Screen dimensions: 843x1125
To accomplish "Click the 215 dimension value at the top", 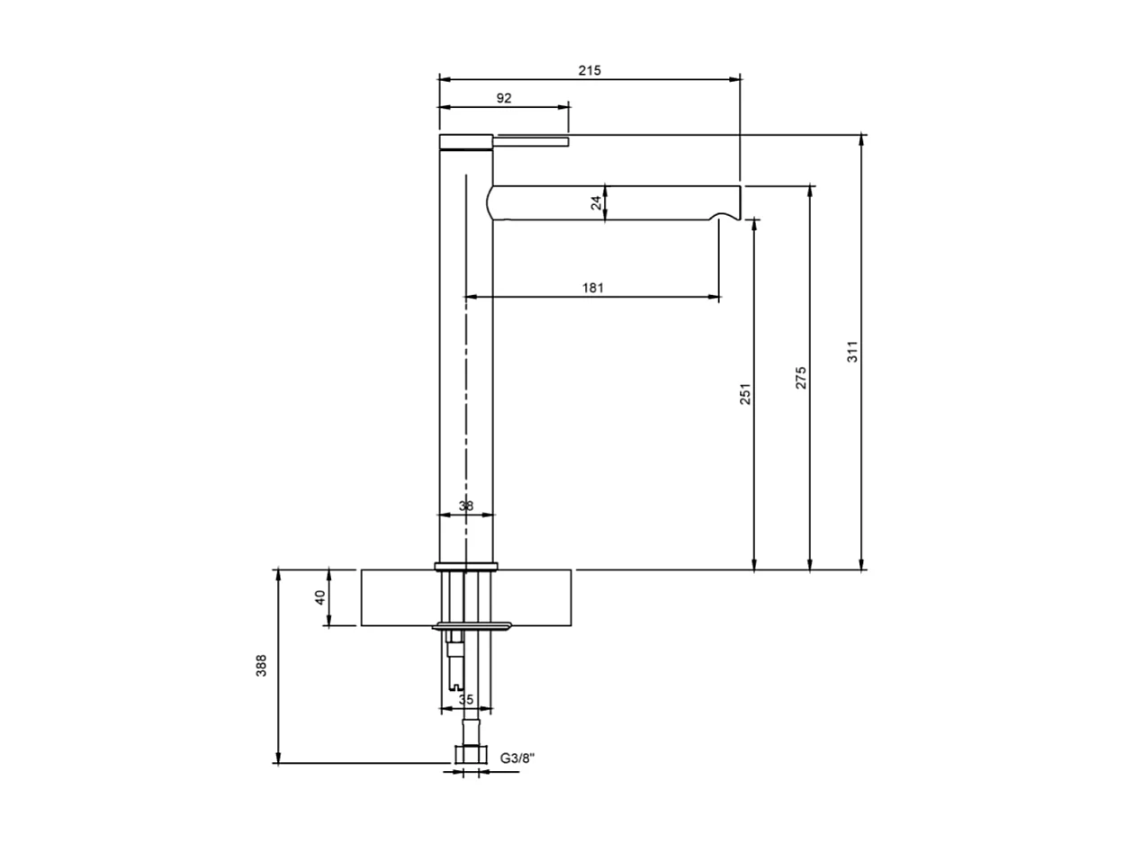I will [x=589, y=69].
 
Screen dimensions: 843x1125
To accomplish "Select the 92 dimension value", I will [x=503, y=98].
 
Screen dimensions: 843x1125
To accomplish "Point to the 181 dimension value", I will [x=592, y=288].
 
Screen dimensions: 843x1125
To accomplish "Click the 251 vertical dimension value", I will [x=745, y=393].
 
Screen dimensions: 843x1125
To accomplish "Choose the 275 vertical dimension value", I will [x=801, y=378].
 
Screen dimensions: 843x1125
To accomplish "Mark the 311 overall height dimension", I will [x=853, y=351].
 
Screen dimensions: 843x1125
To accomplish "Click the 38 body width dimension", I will [x=465, y=506].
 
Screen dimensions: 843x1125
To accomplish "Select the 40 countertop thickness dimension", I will [x=320, y=597].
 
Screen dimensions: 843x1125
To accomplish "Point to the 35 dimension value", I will [x=465, y=699].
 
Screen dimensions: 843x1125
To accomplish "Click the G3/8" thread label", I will [x=517, y=758].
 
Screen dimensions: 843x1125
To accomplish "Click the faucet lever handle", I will [x=531, y=141].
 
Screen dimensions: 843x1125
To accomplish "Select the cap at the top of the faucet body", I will [x=465, y=140].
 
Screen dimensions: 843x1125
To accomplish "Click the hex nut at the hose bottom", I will [x=467, y=755].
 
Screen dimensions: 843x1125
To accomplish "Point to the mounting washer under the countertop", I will [x=472, y=625].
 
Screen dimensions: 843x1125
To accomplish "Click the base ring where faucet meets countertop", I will [x=465, y=566].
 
